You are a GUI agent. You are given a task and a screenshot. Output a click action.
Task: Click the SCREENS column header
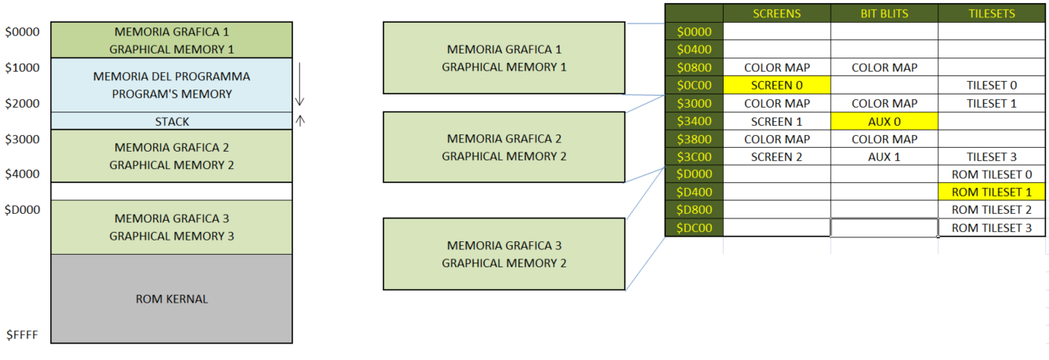coord(776,13)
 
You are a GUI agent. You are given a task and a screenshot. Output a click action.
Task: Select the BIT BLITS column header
coord(884,13)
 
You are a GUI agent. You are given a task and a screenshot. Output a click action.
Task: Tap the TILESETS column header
coord(992,13)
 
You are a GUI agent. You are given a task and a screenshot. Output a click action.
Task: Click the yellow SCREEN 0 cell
coord(776,85)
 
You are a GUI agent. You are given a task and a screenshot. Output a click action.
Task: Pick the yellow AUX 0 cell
coord(884,121)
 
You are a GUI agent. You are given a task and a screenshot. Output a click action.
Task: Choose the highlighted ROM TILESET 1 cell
coord(991,192)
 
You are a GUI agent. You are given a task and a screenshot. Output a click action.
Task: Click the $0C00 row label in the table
coord(694,85)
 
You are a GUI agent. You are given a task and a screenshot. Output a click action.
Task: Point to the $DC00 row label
coord(694,228)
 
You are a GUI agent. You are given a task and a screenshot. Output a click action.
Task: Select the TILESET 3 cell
coord(991,156)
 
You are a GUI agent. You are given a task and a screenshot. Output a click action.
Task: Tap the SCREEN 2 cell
coord(776,156)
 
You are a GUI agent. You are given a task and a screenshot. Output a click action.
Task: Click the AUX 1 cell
coord(884,156)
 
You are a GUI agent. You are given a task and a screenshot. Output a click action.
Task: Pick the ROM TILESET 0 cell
coord(991,174)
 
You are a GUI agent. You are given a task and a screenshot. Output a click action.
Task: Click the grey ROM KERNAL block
coord(171,299)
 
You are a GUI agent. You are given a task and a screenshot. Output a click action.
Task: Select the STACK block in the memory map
coord(171,121)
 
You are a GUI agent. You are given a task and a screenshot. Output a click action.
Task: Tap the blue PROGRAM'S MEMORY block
coord(171,85)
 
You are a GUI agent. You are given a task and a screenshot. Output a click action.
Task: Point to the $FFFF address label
coord(22,335)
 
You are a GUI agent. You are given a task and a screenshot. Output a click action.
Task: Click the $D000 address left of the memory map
coord(22,210)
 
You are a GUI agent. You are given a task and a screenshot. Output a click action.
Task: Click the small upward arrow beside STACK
coord(299,120)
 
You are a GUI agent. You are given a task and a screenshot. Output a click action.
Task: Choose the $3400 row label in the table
coord(694,121)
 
